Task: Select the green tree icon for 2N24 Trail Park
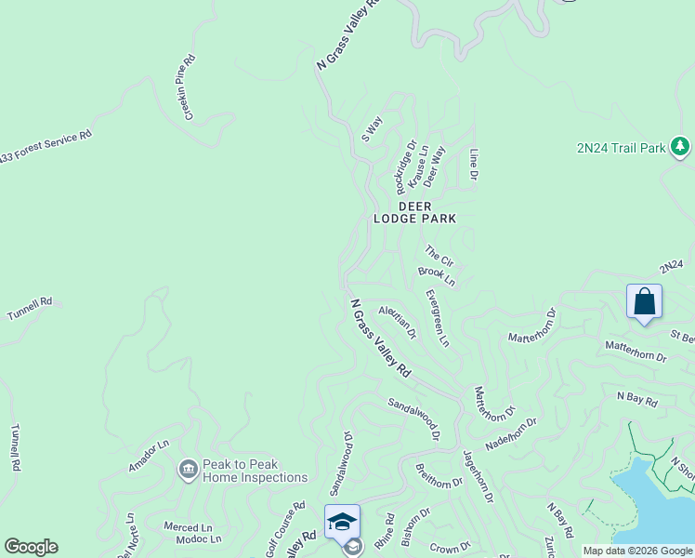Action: (680, 147)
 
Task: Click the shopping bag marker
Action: (644, 302)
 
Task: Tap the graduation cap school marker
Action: (342, 521)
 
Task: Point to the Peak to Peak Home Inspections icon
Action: (189, 468)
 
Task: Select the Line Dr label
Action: (474, 165)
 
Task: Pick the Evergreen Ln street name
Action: (437, 318)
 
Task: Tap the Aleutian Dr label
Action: (397, 322)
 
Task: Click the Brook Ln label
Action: (437, 276)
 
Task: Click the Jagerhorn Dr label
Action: (477, 476)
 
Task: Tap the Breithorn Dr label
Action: (439, 476)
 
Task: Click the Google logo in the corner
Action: (31, 547)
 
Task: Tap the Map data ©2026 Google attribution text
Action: (637, 551)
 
